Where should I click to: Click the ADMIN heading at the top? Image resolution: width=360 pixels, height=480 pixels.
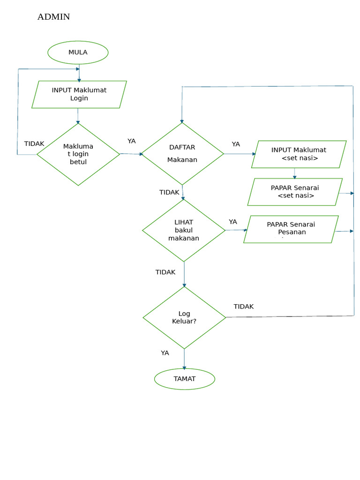click(53, 17)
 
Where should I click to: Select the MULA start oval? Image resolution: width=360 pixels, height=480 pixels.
click(78, 52)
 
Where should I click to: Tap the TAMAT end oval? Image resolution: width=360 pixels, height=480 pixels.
click(184, 379)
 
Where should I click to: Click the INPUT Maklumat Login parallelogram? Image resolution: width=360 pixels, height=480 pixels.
click(79, 94)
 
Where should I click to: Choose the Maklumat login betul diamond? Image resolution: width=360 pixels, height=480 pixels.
click(78, 154)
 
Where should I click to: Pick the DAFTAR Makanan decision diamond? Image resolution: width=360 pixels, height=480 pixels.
click(182, 154)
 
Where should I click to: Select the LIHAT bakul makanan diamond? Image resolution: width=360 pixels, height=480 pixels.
click(184, 230)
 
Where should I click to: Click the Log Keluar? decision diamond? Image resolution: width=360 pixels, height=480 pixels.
click(184, 317)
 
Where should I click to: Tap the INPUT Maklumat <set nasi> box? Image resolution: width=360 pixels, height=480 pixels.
click(299, 154)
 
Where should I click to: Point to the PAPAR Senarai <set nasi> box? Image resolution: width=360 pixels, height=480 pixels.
click(295, 192)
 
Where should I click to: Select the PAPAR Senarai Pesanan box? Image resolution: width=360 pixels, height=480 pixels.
click(291, 229)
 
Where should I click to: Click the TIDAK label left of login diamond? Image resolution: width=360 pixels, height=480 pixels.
click(34, 144)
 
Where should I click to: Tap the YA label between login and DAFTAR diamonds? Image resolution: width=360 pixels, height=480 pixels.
click(132, 141)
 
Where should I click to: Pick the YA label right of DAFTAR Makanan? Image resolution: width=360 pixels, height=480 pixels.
click(236, 144)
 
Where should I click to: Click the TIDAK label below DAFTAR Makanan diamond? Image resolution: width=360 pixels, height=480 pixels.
click(169, 192)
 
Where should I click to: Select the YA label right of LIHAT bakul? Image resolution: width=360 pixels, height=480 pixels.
click(233, 222)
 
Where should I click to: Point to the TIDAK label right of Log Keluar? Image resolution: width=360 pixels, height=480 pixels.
click(244, 307)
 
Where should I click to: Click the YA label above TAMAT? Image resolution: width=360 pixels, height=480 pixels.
click(165, 353)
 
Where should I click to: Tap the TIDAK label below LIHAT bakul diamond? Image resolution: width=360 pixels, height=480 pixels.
click(165, 272)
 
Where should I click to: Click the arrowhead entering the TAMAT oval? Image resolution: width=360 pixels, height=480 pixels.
click(184, 367)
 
